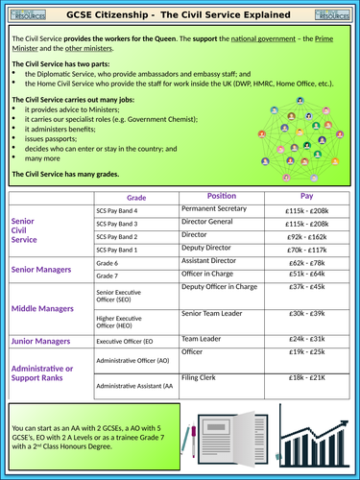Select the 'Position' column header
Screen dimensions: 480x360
pos(221,195)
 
